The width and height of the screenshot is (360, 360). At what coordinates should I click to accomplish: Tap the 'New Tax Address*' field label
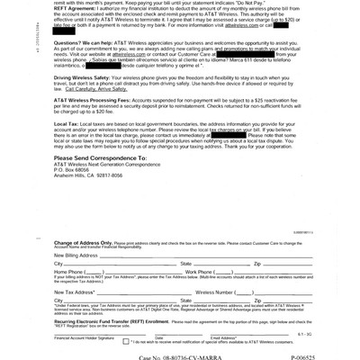point(75,292)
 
